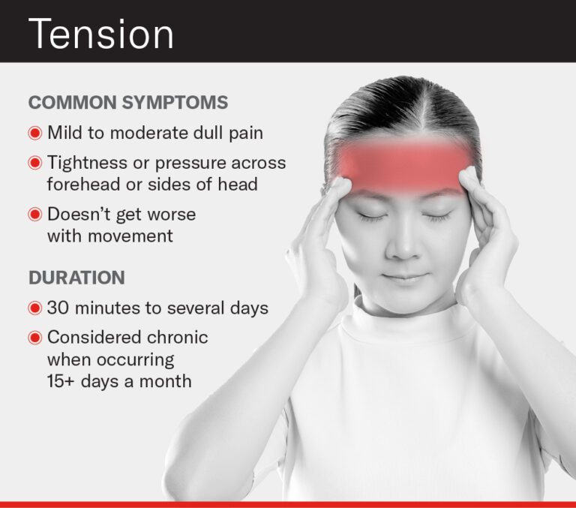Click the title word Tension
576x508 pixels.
click(101, 33)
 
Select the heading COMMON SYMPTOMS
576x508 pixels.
click(128, 102)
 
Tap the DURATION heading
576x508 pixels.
click(76, 278)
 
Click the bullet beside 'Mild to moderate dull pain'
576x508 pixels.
click(34, 134)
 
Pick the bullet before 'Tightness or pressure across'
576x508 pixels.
click(34, 162)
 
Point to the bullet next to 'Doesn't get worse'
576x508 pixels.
click(34, 214)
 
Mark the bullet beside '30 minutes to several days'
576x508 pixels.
click(34, 308)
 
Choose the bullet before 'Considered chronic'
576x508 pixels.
click(34, 337)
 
